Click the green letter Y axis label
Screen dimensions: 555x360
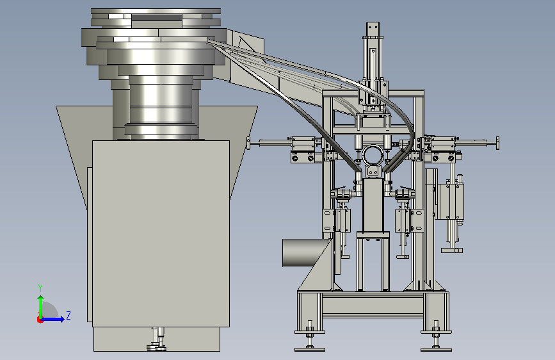coord(40,288)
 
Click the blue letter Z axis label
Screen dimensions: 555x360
coord(68,315)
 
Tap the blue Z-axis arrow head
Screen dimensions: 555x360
coord(62,319)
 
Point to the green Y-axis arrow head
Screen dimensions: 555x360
coord(41,299)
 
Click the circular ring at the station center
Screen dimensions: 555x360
coord(373,155)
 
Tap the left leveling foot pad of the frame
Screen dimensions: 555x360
coord(310,350)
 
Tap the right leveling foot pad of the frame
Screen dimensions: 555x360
coord(436,350)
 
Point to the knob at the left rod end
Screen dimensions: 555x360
coord(248,143)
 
